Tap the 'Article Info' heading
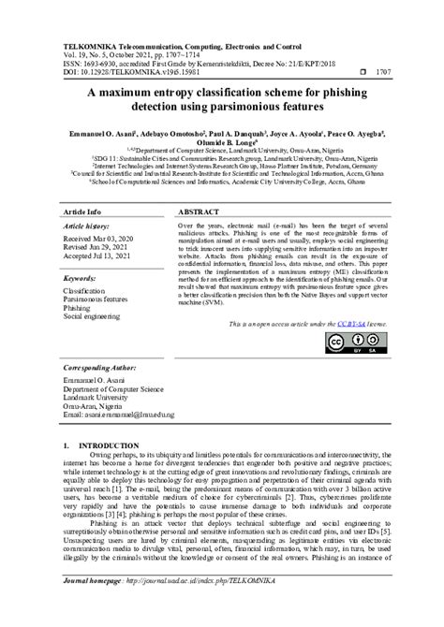click(82, 212)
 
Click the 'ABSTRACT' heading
click(200, 212)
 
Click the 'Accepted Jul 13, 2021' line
click(103, 259)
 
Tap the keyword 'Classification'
click(89, 293)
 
